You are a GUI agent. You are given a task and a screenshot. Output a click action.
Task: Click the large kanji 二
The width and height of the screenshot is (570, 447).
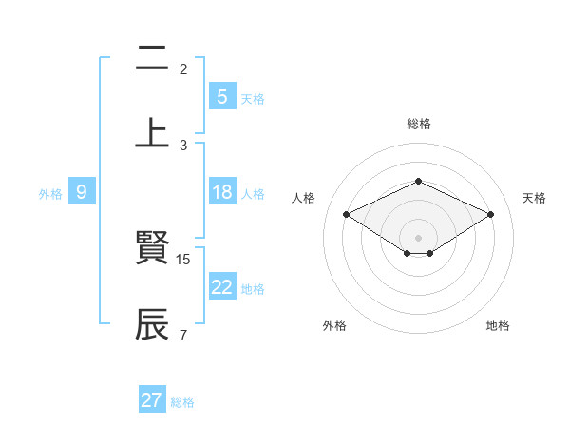[x=152, y=60]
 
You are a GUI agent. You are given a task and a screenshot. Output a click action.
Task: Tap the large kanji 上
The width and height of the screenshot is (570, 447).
[x=152, y=133]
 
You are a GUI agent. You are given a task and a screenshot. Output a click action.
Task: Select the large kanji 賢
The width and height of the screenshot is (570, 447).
[x=152, y=250]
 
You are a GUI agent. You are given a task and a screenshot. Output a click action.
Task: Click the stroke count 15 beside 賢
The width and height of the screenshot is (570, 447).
[x=184, y=259]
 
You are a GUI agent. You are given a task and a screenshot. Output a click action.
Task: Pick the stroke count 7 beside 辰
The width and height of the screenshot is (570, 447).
[x=182, y=334]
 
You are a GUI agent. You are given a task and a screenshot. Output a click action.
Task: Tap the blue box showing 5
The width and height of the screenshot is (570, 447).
[x=221, y=97]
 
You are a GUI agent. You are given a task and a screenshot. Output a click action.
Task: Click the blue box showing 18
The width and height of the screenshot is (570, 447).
[x=221, y=192]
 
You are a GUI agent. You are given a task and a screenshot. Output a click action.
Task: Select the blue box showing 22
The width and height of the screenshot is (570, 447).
[x=221, y=287]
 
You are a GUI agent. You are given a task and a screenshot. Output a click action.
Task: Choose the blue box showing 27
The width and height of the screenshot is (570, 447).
[x=151, y=400]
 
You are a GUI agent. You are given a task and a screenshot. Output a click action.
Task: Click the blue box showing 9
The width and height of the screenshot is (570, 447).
[x=82, y=192]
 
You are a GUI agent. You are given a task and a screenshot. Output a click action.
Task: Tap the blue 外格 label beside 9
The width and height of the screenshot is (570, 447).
[x=50, y=193]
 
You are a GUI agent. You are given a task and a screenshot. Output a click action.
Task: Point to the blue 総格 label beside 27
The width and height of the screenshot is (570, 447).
[x=182, y=402]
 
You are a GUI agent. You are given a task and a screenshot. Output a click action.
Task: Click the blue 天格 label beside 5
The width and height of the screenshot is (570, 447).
[x=253, y=98]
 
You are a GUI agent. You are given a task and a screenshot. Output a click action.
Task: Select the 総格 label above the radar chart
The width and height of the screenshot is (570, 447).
[x=418, y=124]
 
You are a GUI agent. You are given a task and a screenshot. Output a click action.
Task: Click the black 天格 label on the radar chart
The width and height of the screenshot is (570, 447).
[x=534, y=198]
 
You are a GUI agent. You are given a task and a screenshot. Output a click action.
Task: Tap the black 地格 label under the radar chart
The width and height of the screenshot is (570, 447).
[x=498, y=325]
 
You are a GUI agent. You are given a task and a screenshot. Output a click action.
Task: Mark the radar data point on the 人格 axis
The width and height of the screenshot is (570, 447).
[x=347, y=215]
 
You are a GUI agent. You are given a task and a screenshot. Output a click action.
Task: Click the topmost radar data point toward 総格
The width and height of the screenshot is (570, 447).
[x=418, y=181]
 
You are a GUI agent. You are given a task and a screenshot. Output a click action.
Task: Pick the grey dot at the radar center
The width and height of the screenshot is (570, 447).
[x=418, y=237]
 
